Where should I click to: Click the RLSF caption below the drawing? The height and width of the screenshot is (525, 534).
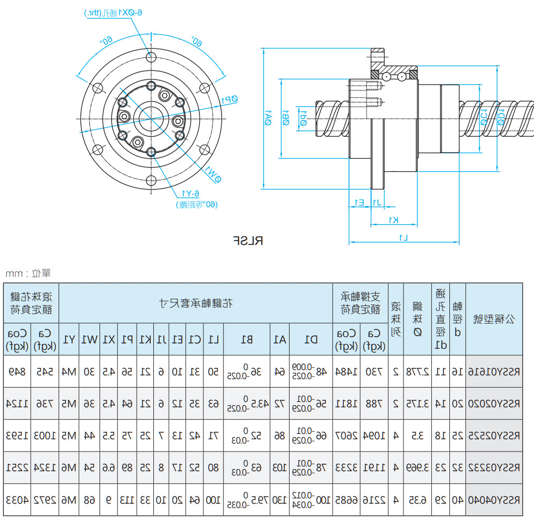point(248,241)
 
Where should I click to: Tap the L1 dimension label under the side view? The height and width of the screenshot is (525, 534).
point(404,236)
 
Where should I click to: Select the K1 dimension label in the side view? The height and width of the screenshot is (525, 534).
point(393,220)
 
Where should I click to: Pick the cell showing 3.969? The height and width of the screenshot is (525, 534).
point(417,468)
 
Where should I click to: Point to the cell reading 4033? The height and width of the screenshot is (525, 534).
point(17,500)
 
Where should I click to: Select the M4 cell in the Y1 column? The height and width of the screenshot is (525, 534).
point(70,371)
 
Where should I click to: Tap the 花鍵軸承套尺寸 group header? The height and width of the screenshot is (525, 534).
point(195,303)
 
